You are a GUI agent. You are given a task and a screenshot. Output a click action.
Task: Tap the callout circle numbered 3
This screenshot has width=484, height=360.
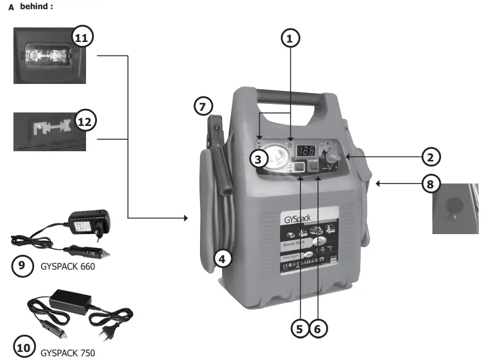pos(259,159)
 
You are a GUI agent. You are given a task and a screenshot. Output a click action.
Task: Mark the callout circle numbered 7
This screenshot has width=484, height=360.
pos(203,106)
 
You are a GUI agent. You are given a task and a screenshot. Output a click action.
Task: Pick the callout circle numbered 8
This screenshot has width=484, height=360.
pos(430,184)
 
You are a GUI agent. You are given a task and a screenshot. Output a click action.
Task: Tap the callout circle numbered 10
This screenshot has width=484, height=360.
pos(23,348)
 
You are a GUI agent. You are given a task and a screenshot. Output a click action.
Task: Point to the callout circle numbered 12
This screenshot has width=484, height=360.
pos(84,121)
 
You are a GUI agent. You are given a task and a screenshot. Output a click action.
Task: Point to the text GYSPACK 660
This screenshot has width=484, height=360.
pos(68,266)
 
